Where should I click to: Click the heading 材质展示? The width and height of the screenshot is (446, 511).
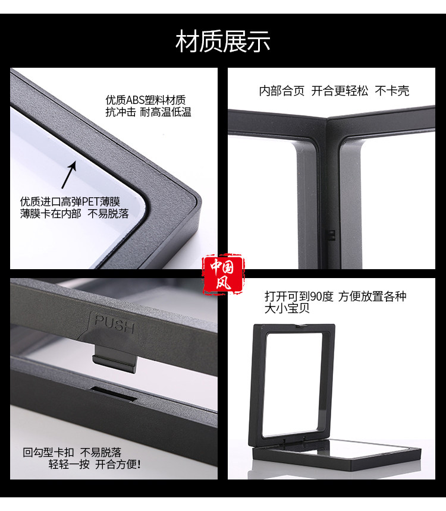coord(223,42)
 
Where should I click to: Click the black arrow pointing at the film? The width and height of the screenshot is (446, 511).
coord(69,175)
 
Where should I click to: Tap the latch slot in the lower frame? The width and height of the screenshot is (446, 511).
coord(113,393)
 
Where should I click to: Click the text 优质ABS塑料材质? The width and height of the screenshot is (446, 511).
coord(146,100)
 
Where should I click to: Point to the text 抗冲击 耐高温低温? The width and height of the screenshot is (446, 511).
coord(148,112)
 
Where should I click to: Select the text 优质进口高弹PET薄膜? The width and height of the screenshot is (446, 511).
coord(70,201)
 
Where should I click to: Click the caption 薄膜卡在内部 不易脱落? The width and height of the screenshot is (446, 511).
coord(74,214)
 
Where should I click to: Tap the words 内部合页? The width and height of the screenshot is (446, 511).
coord(282,91)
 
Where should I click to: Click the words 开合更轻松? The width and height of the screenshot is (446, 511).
coord(340,91)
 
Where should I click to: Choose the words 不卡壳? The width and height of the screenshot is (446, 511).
coord(392,91)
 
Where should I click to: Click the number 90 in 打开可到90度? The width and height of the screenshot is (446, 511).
coord(316,296)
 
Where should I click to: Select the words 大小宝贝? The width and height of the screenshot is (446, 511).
coord(287,308)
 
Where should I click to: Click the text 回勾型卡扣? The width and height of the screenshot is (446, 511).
coord(48,452)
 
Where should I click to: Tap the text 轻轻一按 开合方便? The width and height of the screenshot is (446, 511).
coord(95,464)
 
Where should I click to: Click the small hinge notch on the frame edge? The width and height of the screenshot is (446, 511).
coord(331,235)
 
